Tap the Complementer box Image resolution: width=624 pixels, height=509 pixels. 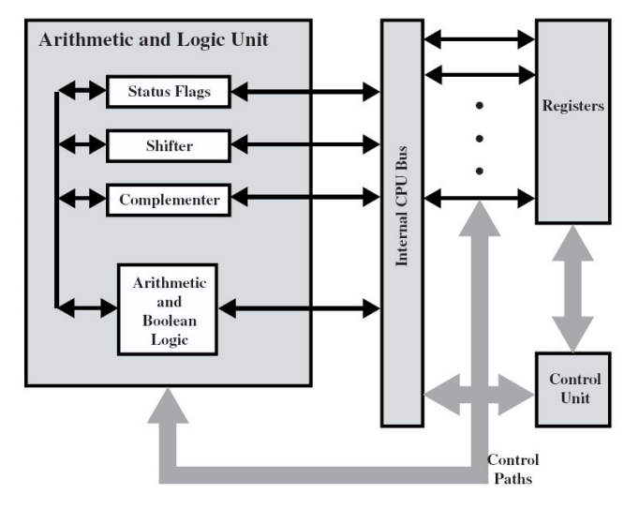170,200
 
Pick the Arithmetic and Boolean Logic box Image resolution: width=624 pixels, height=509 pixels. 167,308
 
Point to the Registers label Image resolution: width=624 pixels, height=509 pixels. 572,106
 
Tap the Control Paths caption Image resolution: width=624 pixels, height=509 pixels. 513,468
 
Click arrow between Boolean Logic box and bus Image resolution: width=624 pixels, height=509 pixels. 298,307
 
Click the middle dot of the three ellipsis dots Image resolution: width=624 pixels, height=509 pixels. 479,139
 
